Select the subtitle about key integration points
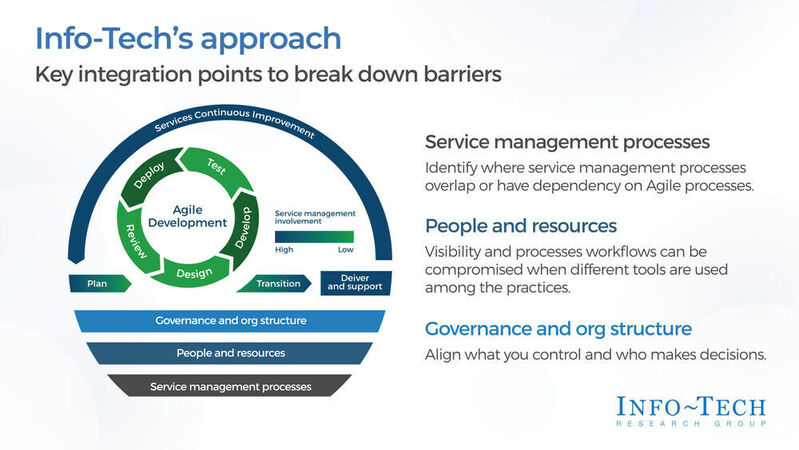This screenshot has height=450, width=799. (268, 75)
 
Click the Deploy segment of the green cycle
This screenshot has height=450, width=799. (150, 178)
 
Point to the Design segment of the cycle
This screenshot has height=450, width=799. (193, 272)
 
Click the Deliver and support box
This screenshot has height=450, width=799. (351, 284)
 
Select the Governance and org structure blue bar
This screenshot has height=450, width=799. (230, 321)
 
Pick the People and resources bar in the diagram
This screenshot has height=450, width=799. (230, 353)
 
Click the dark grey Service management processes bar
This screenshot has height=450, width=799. (230, 386)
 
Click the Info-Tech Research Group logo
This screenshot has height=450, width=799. (693, 411)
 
